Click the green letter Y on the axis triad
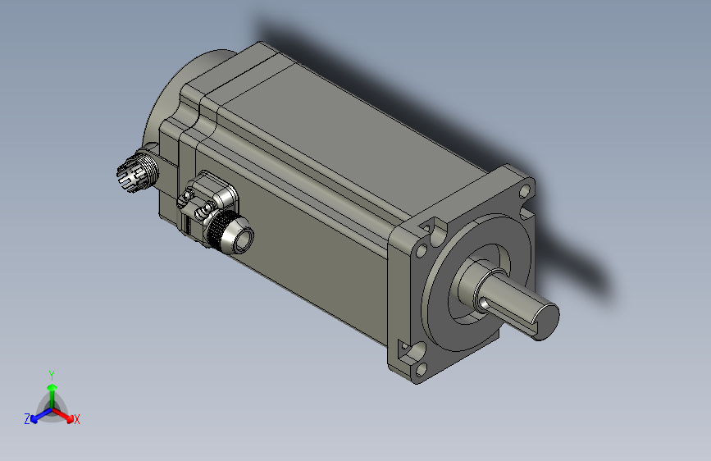point(51,374)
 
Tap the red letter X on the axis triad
point(77,419)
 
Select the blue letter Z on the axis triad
point(27,418)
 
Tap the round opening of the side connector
point(243,239)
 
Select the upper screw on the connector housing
point(188,197)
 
